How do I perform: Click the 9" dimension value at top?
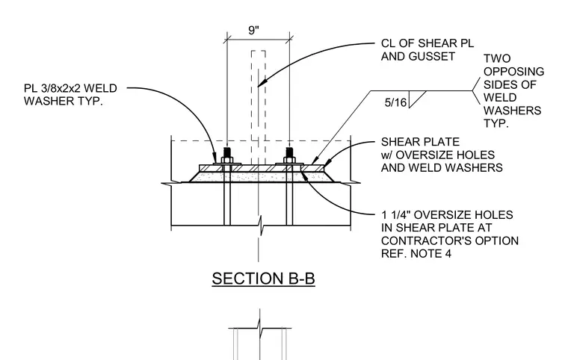[x=254, y=30]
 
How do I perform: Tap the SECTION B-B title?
[x=263, y=279]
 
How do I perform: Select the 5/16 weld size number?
[x=395, y=103]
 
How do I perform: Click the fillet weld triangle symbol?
[x=416, y=99]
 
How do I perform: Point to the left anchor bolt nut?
[x=226, y=160]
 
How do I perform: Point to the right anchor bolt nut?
[x=289, y=160]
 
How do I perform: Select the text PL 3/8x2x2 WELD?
[x=71, y=88]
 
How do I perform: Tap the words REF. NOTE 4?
[x=416, y=253]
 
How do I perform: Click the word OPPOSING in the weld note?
[x=513, y=72]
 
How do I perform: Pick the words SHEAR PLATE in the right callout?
[x=420, y=142]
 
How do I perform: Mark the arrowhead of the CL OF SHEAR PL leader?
[x=260, y=83]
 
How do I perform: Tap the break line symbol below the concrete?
[x=260, y=226]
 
